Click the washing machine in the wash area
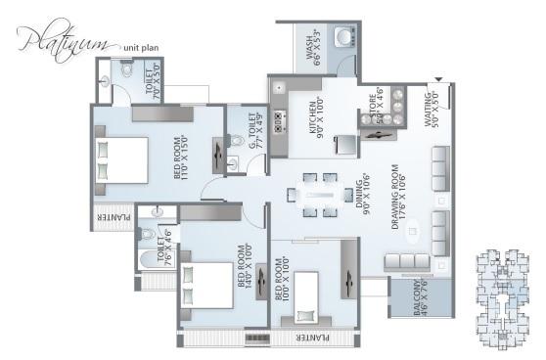click(x=341, y=38)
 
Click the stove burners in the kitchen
click(x=279, y=120)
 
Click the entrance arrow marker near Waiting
click(x=438, y=79)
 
